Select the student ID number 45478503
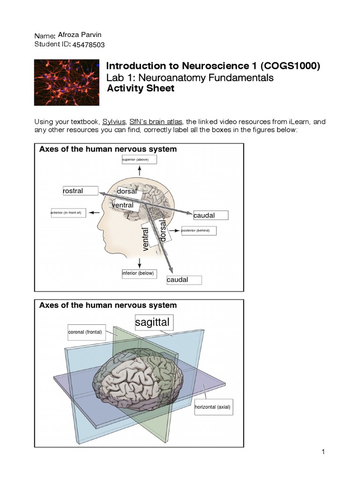coord(89,45)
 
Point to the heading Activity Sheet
coord(141,89)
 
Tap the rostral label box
coord(80,191)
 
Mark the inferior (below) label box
coord(138,273)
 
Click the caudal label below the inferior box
coord(184,280)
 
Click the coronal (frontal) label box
coord(85,332)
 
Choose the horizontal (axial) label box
coord(213,407)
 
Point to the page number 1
coord(323,452)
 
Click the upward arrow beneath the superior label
coord(139,171)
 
